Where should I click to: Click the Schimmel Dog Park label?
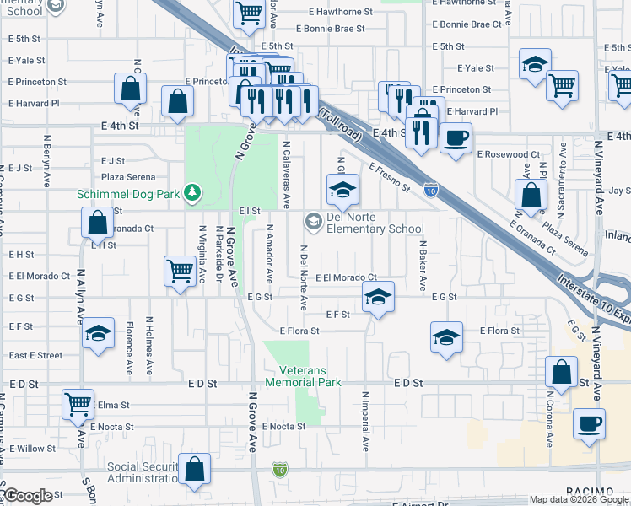pos(130,194)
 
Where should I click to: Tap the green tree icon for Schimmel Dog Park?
pos(194,194)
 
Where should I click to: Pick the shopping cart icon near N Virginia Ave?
pos(179,270)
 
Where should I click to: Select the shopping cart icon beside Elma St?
pos(78,404)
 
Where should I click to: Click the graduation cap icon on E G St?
pos(378,295)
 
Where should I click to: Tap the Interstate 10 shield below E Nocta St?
pos(280,468)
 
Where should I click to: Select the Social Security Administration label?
pos(141,473)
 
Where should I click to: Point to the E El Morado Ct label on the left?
pos(40,276)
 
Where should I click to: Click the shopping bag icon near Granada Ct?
pos(98,223)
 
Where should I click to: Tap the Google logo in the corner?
pos(27,497)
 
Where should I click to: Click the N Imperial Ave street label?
pos(365,419)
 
